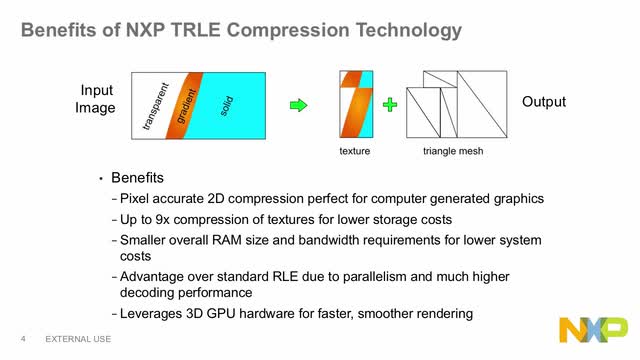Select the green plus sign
pyautogui.click(x=391, y=103)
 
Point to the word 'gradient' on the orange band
pyautogui.click(x=187, y=103)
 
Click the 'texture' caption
pyautogui.click(x=355, y=151)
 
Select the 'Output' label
pyautogui.click(x=544, y=102)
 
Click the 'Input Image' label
pyautogui.click(x=96, y=99)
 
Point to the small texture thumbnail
pyautogui.click(x=356, y=104)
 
